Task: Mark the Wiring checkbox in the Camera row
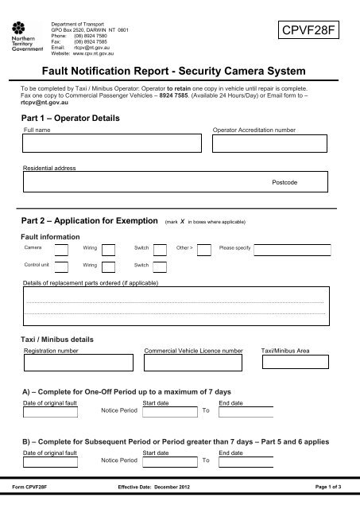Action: click(108, 250)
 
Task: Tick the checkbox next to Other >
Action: click(203, 250)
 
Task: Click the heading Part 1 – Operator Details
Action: click(69, 117)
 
